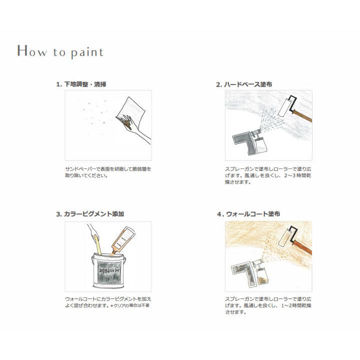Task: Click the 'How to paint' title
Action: (60, 51)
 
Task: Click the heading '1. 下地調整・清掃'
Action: (81, 84)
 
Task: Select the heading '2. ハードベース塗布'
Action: (244, 84)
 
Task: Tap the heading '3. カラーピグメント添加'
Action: (90, 214)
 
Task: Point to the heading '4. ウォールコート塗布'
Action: (248, 214)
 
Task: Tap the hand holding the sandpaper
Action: (135, 128)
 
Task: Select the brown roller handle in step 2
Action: (302, 116)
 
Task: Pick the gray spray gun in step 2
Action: (249, 142)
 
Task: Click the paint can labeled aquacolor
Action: (109, 271)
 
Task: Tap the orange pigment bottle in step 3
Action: (123, 240)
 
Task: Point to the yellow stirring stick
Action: (97, 245)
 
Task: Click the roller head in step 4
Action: (285, 238)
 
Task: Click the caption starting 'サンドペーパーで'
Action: (108, 172)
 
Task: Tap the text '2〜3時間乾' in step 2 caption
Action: (297, 175)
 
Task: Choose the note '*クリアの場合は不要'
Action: (130, 305)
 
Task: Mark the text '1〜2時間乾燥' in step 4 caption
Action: (296, 305)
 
